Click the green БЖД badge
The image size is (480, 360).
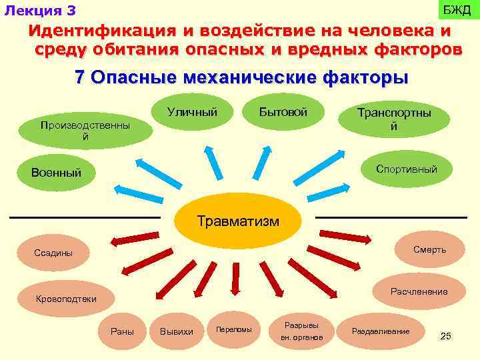coord(457,10)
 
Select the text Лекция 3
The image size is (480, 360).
coord(40,11)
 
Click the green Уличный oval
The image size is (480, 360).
coord(192,113)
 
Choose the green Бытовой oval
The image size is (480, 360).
coord(283,113)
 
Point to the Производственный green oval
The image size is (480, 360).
coord(85,131)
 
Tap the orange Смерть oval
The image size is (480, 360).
coord(429,250)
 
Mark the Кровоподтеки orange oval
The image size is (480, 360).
coord(66,299)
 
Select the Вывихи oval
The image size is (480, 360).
coord(177,331)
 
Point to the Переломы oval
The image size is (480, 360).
coord(234,330)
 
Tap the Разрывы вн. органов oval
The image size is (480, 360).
coord(301,331)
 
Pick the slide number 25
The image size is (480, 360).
coord(446,336)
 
